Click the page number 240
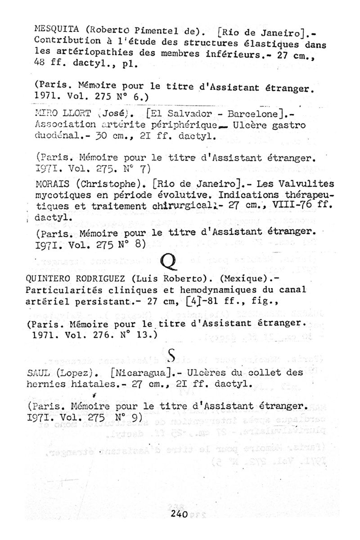(179, 516)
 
